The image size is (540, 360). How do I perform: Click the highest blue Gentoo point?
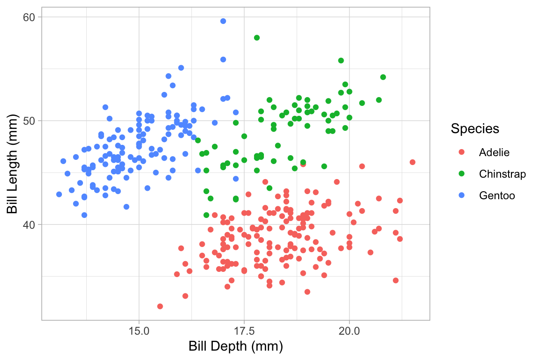tap(223, 21)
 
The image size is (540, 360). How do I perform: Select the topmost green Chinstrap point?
tap(257, 37)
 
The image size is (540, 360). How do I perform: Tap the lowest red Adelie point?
tap(160, 307)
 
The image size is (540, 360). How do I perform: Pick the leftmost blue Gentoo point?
tap(59, 194)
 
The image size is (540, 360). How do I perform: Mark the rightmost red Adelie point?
tap(412, 162)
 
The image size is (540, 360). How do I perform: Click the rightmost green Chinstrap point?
tap(383, 77)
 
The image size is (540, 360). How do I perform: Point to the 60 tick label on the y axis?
tap(30, 17)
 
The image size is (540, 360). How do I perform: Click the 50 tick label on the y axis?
tap(30, 120)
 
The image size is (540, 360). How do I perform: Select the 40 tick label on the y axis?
tap(30, 225)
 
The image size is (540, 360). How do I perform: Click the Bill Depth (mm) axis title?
tap(236, 347)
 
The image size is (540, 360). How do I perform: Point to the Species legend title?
tap(474, 129)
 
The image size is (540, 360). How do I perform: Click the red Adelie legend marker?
tap(461, 152)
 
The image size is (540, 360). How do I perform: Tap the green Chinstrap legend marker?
tap(461, 174)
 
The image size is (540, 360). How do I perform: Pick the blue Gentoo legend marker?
tap(461, 195)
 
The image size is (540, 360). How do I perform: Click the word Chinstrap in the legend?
tap(502, 174)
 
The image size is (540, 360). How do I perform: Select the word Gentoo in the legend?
tap(497, 195)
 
